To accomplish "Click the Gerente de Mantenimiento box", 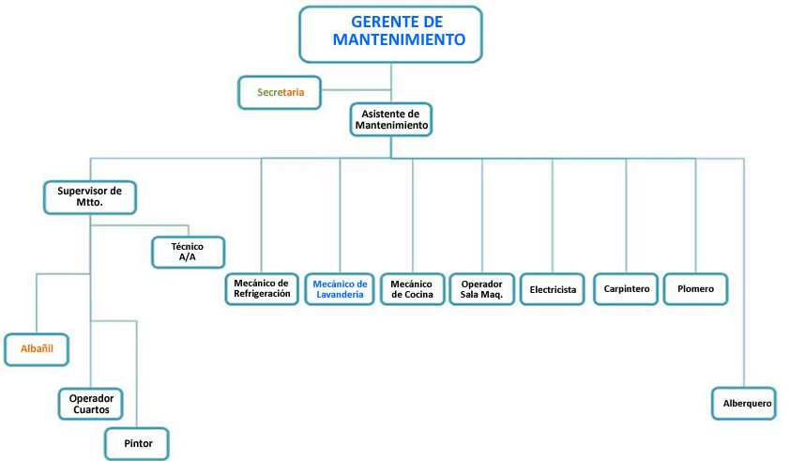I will pyautogui.click(x=390, y=33).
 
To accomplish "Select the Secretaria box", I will pyautogui.click(x=281, y=93).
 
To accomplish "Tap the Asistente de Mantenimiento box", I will pyautogui.click(x=391, y=119).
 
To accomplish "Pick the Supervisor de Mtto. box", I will pyautogui.click(x=91, y=197).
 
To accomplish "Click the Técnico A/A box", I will pyautogui.click(x=189, y=252).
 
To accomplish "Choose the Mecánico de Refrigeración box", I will pyautogui.click(x=263, y=288).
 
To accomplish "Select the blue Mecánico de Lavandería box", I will pyautogui.click(x=340, y=288).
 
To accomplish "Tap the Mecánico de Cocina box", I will pyautogui.click(x=411, y=288).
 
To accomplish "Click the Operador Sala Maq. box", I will pyautogui.click(x=482, y=288).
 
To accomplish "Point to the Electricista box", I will pyautogui.click(x=553, y=289).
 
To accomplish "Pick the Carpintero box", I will pyautogui.click(x=625, y=289).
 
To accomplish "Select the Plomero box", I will pyautogui.click(x=695, y=289).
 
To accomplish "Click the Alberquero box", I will pyautogui.click(x=747, y=404).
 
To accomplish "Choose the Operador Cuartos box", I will pyautogui.click(x=90, y=404).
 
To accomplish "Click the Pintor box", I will pyautogui.click(x=138, y=443).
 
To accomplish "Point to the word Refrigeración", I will pyautogui.click(x=263, y=294).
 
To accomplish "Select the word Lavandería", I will pyautogui.click(x=340, y=294).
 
